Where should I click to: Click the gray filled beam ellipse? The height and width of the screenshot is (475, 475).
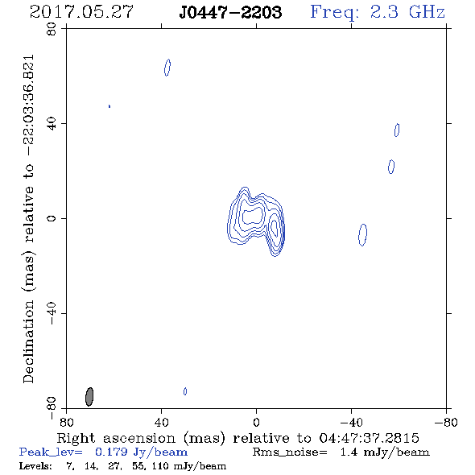coord(89,397)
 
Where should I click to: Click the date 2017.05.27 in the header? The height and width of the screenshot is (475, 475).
coord(81,12)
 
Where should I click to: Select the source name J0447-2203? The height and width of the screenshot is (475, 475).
coord(230,12)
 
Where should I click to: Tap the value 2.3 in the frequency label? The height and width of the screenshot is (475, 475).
coord(384,12)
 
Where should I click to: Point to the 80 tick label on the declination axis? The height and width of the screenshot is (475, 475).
coord(52,29)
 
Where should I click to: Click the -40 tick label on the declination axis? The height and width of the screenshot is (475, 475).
coord(52,313)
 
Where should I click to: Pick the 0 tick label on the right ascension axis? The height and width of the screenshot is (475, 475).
coord(256,423)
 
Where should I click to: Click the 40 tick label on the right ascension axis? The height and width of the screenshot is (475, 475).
coord(161,423)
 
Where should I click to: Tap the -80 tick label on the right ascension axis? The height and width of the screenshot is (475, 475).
coord(446,423)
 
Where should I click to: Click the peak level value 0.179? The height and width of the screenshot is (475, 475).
coord(111,452)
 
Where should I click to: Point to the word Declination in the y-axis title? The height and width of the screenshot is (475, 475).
coord(28,341)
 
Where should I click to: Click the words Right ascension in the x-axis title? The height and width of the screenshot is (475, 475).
coord(116,438)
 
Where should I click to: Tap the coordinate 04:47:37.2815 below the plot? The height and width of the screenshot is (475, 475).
coord(369,438)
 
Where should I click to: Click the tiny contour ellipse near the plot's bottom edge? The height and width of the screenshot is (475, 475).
coord(185,391)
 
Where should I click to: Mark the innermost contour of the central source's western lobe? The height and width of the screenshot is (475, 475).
coord(275,229)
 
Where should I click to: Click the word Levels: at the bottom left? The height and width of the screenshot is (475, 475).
coord(35,465)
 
